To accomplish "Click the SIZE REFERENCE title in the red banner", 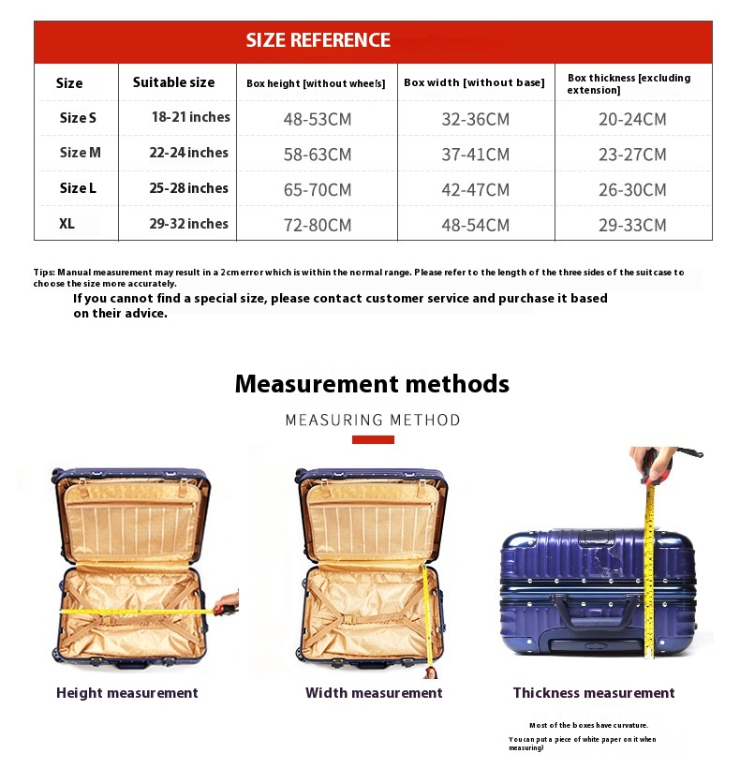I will click(x=318, y=40).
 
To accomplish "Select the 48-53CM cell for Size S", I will click(x=318, y=119).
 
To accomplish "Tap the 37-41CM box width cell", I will click(x=475, y=155).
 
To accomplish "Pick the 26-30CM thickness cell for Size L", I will click(x=632, y=190).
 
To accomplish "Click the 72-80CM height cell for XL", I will click(x=318, y=225).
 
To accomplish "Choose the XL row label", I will click(x=67, y=224).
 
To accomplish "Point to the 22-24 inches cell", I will click(x=188, y=153).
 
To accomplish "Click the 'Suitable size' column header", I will click(x=173, y=82).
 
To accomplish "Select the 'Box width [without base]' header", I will click(x=474, y=82).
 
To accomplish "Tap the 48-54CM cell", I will click(x=475, y=225).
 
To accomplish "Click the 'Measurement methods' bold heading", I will click(x=372, y=384).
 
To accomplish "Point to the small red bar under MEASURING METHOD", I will click(x=373, y=439).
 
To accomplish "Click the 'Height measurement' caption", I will click(x=127, y=693).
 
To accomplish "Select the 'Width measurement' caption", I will click(x=374, y=693).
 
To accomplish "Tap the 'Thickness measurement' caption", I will click(x=594, y=693).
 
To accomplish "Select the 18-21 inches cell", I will click(x=191, y=117).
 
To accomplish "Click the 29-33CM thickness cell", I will click(x=632, y=225).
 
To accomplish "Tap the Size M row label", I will click(x=80, y=153).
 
